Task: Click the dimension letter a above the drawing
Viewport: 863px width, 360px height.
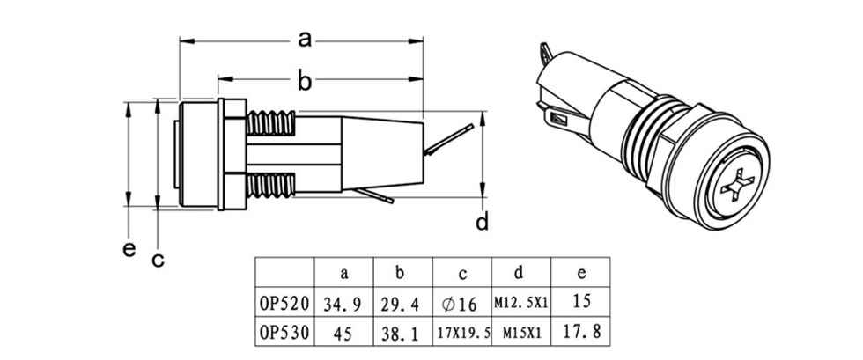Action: (x=305, y=40)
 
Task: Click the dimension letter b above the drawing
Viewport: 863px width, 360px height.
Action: (x=305, y=82)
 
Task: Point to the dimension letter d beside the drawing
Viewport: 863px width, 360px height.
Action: (x=482, y=222)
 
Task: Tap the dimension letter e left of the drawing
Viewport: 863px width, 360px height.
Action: (x=129, y=249)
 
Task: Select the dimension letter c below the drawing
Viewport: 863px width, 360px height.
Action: (x=158, y=260)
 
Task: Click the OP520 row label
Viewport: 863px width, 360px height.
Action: (x=284, y=304)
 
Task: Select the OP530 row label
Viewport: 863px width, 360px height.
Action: (x=284, y=334)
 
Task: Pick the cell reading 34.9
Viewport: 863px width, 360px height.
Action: (x=343, y=304)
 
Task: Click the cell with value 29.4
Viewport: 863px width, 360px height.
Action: (x=402, y=304)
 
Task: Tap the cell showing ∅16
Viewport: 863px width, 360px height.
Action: (x=461, y=304)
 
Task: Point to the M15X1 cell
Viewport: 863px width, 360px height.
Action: (x=520, y=334)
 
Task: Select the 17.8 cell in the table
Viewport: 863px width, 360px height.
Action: (x=580, y=334)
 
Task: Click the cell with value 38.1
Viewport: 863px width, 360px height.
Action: (x=402, y=334)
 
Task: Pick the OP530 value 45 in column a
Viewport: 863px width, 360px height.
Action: (x=343, y=334)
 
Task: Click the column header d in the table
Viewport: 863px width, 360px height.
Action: (x=520, y=273)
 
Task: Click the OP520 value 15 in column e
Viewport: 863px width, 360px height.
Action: (x=580, y=302)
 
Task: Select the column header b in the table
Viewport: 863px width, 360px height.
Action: (x=402, y=273)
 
